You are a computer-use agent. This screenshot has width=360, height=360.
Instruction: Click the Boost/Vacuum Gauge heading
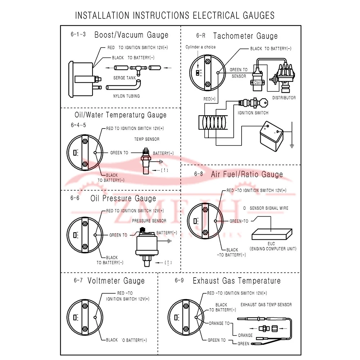point(131,35)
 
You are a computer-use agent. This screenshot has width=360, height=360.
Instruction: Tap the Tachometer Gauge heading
point(245,36)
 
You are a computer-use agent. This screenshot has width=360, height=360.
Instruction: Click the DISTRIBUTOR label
point(284,98)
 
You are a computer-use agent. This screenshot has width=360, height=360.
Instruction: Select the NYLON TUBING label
point(126,96)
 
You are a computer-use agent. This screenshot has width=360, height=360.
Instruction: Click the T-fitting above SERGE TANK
point(135,68)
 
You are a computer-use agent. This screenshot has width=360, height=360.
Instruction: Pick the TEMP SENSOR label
point(147,139)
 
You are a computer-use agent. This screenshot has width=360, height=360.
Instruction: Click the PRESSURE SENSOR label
point(149,221)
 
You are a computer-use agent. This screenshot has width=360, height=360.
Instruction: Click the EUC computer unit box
point(271,234)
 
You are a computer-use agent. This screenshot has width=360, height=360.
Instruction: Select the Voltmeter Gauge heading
point(116,281)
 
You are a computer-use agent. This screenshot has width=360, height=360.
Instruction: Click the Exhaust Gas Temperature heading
point(237,281)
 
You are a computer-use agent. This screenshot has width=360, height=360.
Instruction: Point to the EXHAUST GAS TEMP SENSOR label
point(266,305)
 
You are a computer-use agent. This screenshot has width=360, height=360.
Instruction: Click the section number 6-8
point(198,174)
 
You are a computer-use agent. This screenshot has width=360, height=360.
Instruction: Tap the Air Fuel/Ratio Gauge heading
point(247,174)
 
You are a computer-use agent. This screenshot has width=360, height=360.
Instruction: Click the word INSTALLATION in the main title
point(102,15)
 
